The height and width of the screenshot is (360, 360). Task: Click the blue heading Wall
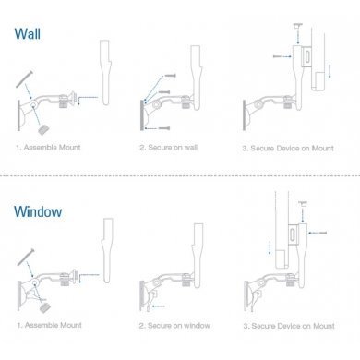pyautogui.click(x=28, y=34)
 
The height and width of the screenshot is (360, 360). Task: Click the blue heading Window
pyautogui.click(x=38, y=211)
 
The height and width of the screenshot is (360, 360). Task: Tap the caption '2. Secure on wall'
pyautogui.click(x=168, y=148)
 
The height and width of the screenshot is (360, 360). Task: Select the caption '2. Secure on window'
pyautogui.click(x=174, y=326)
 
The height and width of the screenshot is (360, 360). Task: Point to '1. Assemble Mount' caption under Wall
pyautogui.click(x=48, y=147)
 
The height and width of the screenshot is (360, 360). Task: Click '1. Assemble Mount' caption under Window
pyautogui.click(x=50, y=325)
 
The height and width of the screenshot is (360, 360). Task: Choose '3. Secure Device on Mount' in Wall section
pyautogui.click(x=288, y=149)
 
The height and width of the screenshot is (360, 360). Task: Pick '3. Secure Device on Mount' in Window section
pyautogui.click(x=289, y=326)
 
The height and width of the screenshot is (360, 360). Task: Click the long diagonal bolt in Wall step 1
pyautogui.click(x=24, y=79)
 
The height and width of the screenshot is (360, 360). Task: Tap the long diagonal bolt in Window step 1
pyautogui.click(x=26, y=258)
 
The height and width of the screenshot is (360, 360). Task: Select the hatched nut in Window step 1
pyautogui.click(x=45, y=307)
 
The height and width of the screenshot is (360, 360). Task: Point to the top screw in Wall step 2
pyautogui.click(x=171, y=76)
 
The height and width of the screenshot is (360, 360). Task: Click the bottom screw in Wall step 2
pyautogui.click(x=164, y=128)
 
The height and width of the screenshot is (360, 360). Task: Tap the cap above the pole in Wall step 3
pyautogui.click(x=297, y=26)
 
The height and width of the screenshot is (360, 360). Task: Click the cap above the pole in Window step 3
pyautogui.click(x=303, y=203)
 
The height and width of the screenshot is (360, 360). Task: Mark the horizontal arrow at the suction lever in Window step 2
pyautogui.click(x=159, y=306)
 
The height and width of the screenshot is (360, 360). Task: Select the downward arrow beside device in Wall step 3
pyautogui.click(x=330, y=71)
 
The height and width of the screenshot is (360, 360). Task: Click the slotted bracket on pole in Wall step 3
pyautogui.click(x=307, y=56)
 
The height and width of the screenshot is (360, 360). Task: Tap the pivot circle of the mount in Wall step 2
pyautogui.click(x=156, y=105)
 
